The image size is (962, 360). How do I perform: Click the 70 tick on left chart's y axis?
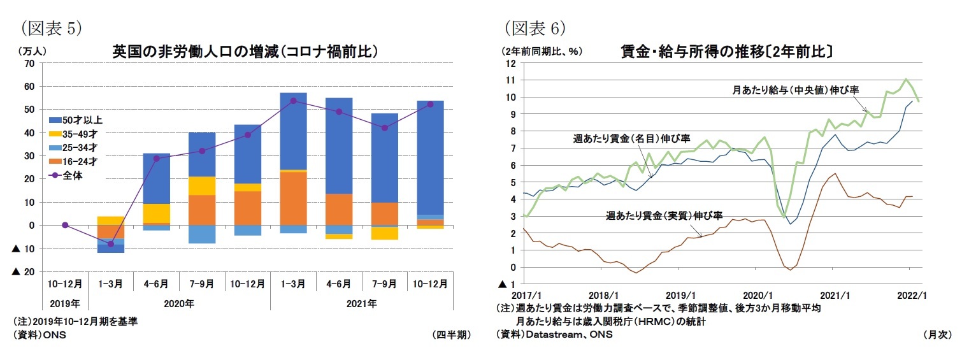pyautogui.click(x=29, y=63)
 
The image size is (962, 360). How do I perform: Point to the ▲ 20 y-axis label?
pyautogui.click(x=24, y=271)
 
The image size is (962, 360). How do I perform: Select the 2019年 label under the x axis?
pyautogui.click(x=64, y=303)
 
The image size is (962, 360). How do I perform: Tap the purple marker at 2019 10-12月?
pyautogui.click(x=65, y=225)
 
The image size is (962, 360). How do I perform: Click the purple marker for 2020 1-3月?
pyautogui.click(x=111, y=243)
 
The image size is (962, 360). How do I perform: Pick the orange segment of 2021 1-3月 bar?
pyautogui.click(x=294, y=198)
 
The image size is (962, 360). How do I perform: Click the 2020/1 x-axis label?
pyautogui.click(x=754, y=295)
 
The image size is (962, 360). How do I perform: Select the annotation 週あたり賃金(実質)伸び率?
pyautogui.click(x=665, y=216)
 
